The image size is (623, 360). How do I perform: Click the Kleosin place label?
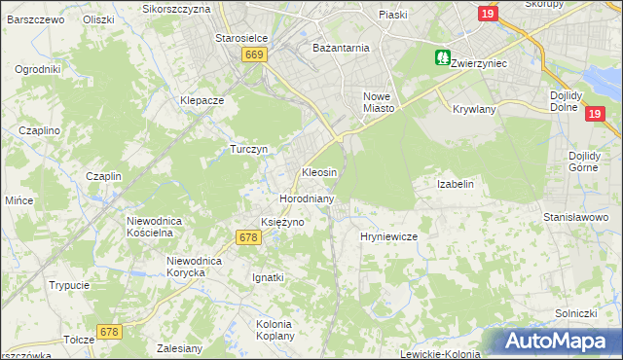coord(319,172)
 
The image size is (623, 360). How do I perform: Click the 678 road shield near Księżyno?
coord(248,237)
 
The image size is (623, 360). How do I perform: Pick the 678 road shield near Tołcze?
coord(108,333)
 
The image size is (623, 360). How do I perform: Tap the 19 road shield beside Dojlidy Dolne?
coord(596,114)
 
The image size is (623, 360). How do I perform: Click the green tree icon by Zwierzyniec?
coord(443,58)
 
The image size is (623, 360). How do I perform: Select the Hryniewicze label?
coord(388,236)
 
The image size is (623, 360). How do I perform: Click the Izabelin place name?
coord(456,184)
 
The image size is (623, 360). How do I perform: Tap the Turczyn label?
coord(248,149)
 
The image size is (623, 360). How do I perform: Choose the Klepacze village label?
coord(202,100)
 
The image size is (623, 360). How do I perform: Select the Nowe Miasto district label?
coord(378,102)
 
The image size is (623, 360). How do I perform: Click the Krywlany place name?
coord(474,109)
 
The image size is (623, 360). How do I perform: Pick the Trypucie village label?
coord(70,285)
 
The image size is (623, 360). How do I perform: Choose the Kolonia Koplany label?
coord(275,329)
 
